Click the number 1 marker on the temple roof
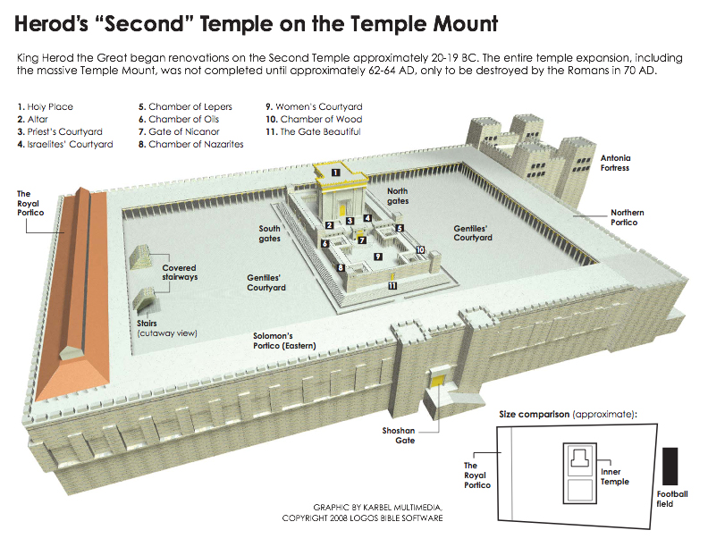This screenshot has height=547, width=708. (x=335, y=173)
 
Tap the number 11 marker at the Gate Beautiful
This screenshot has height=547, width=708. (x=392, y=285)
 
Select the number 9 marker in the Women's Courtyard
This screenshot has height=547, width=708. (x=378, y=257)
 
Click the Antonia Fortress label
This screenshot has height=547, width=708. (x=615, y=163)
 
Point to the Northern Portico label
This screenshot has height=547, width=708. (x=628, y=217)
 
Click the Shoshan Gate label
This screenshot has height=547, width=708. (x=399, y=435)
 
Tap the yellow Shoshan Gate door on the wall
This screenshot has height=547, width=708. (x=436, y=381)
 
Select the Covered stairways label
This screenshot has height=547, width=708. (x=180, y=272)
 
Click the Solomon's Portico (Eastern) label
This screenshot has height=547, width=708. (x=284, y=341)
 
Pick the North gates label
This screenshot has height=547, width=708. (x=397, y=196)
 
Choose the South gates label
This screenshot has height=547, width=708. (x=270, y=233)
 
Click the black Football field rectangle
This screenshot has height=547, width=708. (x=670, y=467)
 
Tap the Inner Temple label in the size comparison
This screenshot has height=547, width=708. (x=614, y=476)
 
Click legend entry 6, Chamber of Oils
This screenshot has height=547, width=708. (x=179, y=119)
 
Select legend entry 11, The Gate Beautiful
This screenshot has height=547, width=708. (x=313, y=131)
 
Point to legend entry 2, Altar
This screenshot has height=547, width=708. (x=32, y=119)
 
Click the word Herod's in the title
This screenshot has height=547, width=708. (x=51, y=23)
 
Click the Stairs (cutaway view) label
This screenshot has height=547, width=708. (x=167, y=328)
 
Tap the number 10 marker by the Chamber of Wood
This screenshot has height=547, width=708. (x=420, y=249)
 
